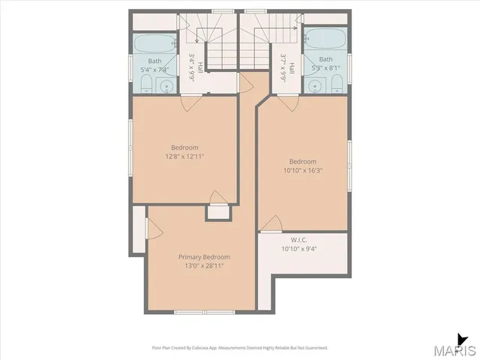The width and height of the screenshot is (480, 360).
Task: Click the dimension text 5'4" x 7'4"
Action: [154, 70]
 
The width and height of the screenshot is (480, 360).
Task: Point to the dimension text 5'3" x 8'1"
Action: [325, 68]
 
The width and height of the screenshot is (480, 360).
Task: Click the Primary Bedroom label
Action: [204, 256]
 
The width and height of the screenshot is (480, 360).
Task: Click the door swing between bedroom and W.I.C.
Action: [273, 222]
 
